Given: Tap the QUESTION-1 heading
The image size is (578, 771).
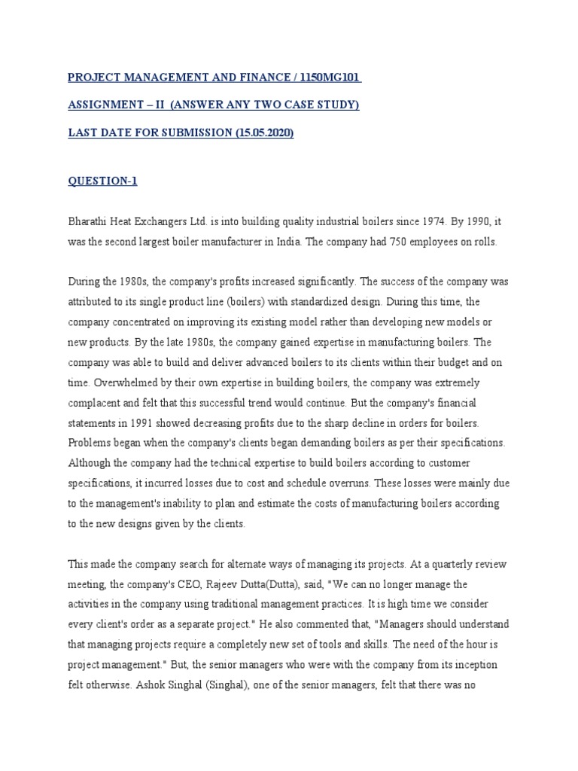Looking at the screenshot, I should (x=102, y=181).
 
